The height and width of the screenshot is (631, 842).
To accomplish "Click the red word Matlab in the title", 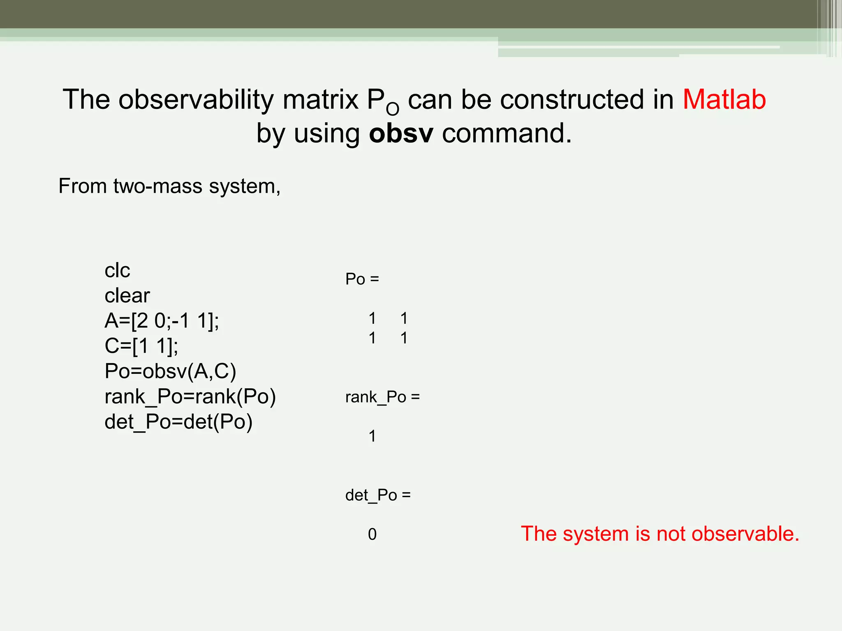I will pyautogui.click(x=724, y=99).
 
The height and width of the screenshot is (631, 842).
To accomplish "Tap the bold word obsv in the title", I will pyautogui.click(x=401, y=134).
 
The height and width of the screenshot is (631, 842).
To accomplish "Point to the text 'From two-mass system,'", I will pyautogui.click(x=169, y=186).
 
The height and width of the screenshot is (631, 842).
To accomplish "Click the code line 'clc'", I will pyautogui.click(x=117, y=270).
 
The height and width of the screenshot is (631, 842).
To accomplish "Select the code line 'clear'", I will pyautogui.click(x=127, y=295).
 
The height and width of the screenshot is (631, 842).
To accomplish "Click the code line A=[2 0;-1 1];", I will pyautogui.click(x=162, y=320).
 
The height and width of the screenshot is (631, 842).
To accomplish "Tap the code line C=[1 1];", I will pyautogui.click(x=141, y=346).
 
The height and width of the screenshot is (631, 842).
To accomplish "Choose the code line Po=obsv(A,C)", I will pyautogui.click(x=170, y=371).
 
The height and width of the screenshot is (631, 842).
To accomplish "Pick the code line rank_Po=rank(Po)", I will pyautogui.click(x=190, y=396).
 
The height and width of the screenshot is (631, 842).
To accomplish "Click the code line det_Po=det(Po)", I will pyautogui.click(x=178, y=421).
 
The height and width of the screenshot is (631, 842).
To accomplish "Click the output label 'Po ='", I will pyautogui.click(x=362, y=279).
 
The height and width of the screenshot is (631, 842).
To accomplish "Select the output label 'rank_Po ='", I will pyautogui.click(x=382, y=397).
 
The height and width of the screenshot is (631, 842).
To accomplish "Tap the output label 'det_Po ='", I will pyautogui.click(x=378, y=495).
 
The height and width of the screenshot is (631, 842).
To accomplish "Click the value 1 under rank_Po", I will pyautogui.click(x=372, y=436).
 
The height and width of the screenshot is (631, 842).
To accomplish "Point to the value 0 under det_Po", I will pyautogui.click(x=372, y=534).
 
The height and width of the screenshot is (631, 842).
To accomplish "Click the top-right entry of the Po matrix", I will pyautogui.click(x=404, y=318).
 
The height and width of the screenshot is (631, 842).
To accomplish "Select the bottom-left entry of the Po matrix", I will pyautogui.click(x=372, y=338).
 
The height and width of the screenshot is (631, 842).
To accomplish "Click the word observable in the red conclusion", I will pyautogui.click(x=745, y=534).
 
